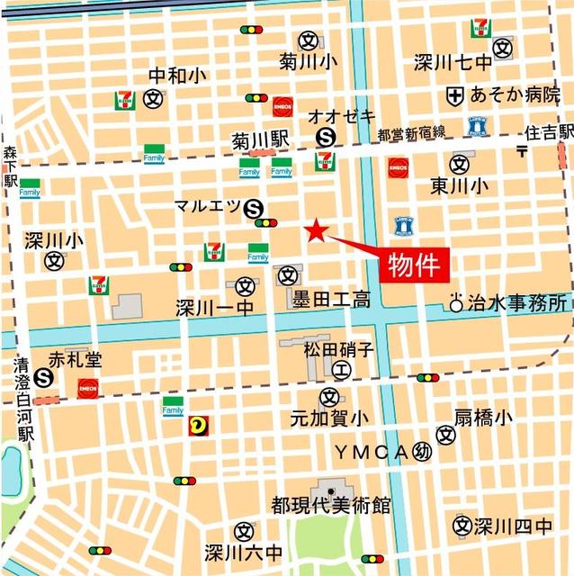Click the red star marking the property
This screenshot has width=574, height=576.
316,231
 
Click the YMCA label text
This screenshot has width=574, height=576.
372,450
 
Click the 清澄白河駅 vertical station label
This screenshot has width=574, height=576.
22,400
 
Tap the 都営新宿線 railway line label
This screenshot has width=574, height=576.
411,133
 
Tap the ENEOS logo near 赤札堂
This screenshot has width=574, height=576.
87,389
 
